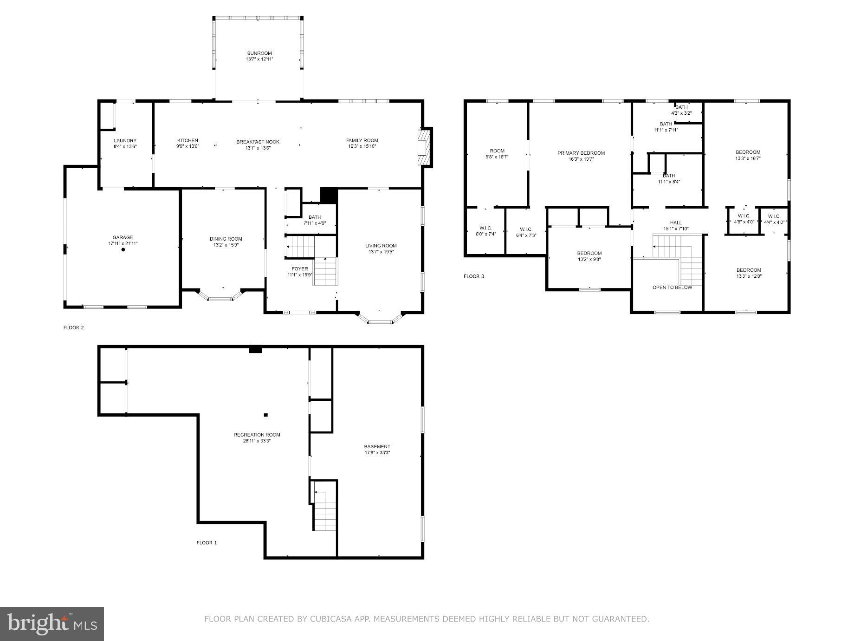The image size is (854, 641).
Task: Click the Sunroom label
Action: [x=259, y=53]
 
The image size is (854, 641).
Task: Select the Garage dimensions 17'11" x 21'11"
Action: [x=123, y=243]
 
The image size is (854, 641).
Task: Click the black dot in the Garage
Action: [x=123, y=250]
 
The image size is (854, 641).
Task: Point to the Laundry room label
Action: [x=125, y=140]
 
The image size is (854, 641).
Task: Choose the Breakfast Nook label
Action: [x=258, y=142]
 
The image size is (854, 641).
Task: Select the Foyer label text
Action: [x=300, y=269]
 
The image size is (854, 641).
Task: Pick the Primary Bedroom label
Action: [x=581, y=153]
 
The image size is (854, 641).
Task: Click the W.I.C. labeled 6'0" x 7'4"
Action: [x=486, y=231]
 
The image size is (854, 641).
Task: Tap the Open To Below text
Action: [x=672, y=288]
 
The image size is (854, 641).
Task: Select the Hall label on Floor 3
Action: [x=676, y=222]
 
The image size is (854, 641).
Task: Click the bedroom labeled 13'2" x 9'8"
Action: [x=589, y=256]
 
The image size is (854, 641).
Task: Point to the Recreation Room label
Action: [x=257, y=435]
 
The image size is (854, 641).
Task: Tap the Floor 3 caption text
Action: [x=473, y=276]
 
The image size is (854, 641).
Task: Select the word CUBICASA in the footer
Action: [x=334, y=619]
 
